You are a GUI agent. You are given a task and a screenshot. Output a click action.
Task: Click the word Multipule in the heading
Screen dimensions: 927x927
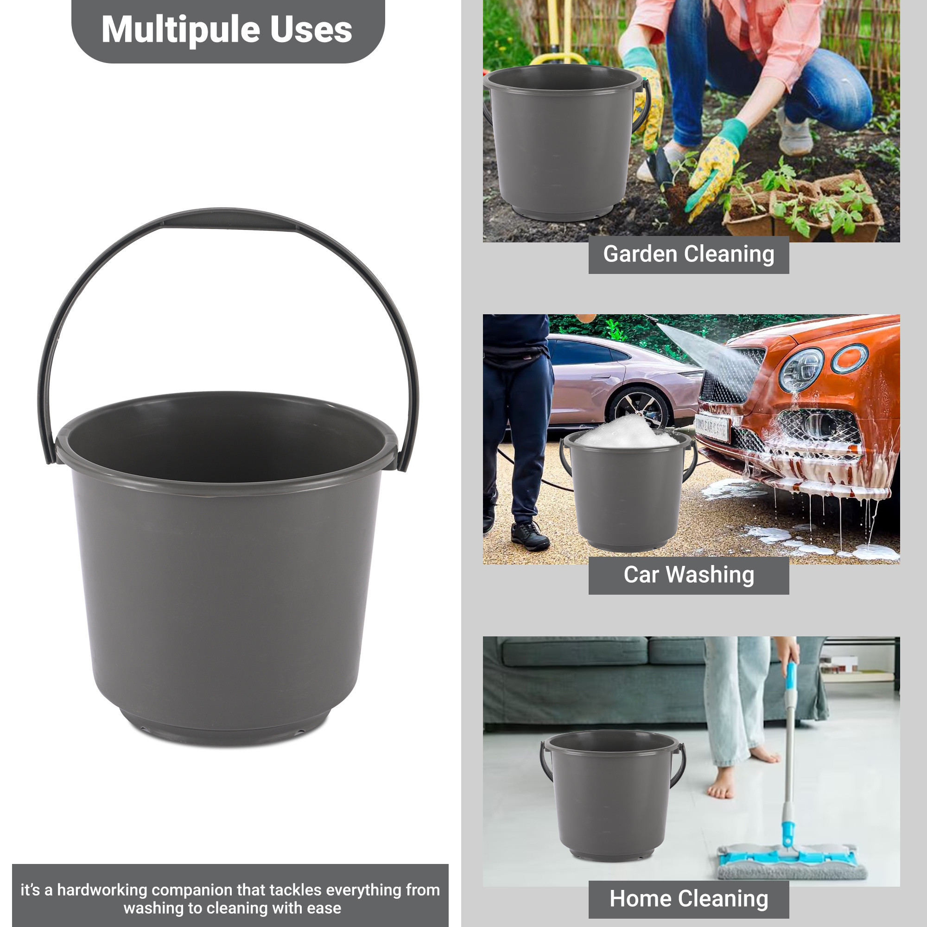click(180, 30)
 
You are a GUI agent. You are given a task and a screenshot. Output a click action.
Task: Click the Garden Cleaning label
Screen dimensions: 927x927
click(689, 254)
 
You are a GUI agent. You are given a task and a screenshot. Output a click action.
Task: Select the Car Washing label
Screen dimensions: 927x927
click(689, 575)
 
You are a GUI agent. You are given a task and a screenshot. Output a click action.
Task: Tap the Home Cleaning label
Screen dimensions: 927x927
click(689, 899)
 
